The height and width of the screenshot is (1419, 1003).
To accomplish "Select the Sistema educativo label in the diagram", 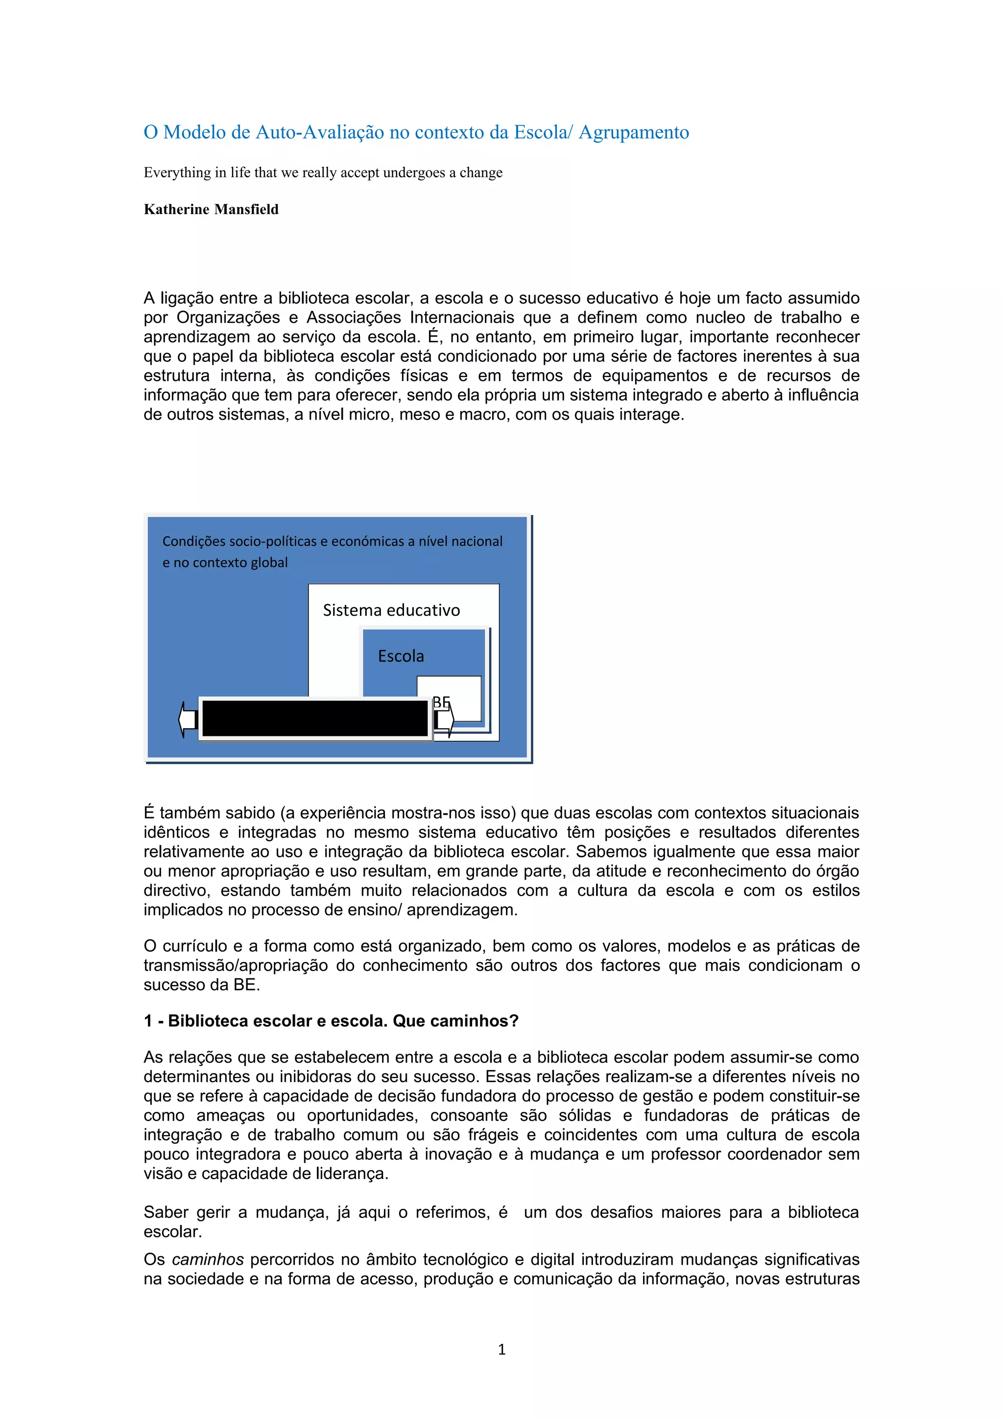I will [x=391, y=611].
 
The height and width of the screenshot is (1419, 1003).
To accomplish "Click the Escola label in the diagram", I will [x=401, y=656].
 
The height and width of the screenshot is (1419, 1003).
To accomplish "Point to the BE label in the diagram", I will [x=441, y=702].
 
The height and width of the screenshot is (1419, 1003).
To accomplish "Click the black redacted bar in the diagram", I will [x=315, y=718].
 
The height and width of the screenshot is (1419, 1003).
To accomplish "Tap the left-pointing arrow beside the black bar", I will [x=187, y=719].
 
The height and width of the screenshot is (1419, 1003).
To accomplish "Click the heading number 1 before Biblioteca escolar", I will [x=148, y=1021].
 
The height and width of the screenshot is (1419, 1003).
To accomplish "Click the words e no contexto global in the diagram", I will [x=225, y=563].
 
